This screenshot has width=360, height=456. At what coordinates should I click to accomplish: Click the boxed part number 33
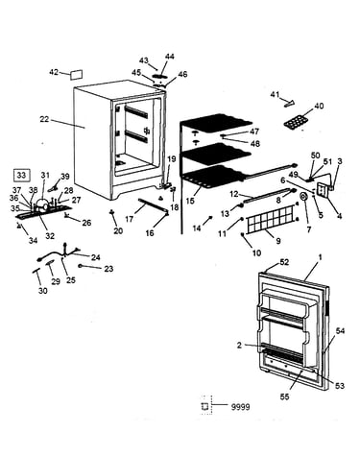[x=22, y=175]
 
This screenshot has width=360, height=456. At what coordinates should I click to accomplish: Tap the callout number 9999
[x=240, y=407]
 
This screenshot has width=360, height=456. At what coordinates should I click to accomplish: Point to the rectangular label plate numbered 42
[x=76, y=74]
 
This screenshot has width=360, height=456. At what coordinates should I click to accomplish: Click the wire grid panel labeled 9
[x=271, y=219]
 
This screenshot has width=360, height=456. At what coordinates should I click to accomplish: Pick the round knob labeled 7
[x=303, y=197]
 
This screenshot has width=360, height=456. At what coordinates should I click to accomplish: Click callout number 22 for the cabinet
[x=44, y=119]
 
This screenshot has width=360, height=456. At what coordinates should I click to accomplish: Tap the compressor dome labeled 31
[x=42, y=204]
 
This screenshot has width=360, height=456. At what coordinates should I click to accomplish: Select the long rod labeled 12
[x=268, y=196]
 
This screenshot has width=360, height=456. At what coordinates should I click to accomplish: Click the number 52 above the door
[x=284, y=262]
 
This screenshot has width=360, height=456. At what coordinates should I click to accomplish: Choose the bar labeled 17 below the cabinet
[x=153, y=205]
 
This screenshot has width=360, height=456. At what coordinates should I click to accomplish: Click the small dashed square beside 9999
[x=205, y=406]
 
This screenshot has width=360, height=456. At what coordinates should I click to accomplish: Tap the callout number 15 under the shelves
[x=190, y=201]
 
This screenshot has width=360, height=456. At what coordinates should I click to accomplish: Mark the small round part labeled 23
[x=81, y=265]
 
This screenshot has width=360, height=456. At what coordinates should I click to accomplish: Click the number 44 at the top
[x=170, y=57]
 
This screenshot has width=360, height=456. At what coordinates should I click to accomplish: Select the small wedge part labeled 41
[x=289, y=104]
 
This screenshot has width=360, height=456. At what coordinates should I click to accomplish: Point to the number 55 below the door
[x=284, y=396]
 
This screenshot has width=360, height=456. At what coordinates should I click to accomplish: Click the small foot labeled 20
[x=112, y=212]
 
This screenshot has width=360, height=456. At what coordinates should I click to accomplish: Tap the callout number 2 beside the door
[x=239, y=346]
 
